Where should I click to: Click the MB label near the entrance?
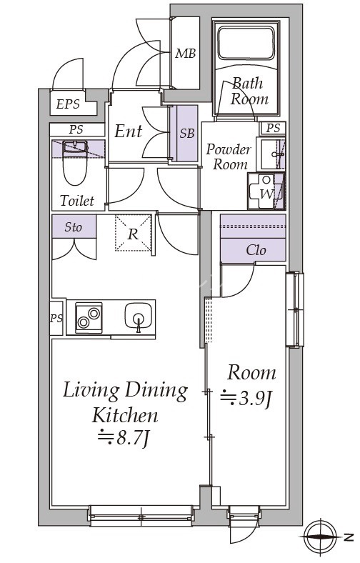coord(186,54)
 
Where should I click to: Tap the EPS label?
coord(68,104)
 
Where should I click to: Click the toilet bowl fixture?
coord(76,163)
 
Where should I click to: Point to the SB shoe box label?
coord(187,133)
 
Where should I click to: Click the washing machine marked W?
coord(266,191)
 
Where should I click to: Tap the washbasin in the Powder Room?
coord(272,154)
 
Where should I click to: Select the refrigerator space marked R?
coord(133,233)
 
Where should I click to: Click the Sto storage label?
coord(74,227)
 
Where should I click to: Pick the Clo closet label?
coord(256,250)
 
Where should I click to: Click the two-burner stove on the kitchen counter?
coord(89,318)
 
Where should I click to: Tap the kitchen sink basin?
coord(139,316)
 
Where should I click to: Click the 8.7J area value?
coord(124,438)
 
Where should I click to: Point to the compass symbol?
coord(319,537)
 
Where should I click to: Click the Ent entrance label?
coord(128,131)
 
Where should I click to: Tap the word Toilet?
coord(77,201)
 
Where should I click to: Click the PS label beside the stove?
coord(56,318)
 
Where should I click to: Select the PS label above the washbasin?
coord(273,128)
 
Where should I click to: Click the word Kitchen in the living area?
coord(124,415)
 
